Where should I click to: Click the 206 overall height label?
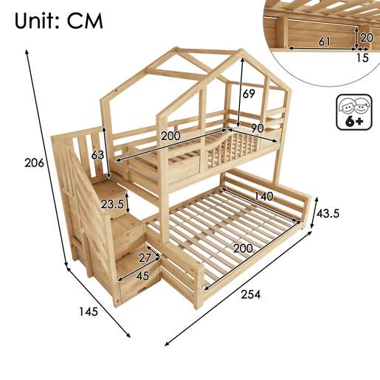pyautogui.click(x=35, y=163)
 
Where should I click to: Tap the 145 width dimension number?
pyautogui.click(x=89, y=312)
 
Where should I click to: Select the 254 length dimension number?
pyautogui.click(x=251, y=294)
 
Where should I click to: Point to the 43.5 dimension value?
pyautogui.click(x=328, y=213)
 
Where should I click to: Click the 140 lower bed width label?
pyautogui.click(x=263, y=196)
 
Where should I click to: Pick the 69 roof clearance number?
pyautogui.click(x=249, y=94)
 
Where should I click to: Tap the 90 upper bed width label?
pyautogui.click(x=258, y=128)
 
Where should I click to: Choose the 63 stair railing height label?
pyautogui.click(x=97, y=155)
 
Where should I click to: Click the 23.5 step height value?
pyautogui.click(x=112, y=204)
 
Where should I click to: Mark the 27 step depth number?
pyautogui.click(x=145, y=258)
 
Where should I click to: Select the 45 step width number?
pyautogui.click(x=142, y=276)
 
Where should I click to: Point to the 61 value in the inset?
pyautogui.click(x=325, y=42)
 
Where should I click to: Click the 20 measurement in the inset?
pyautogui.click(x=367, y=38)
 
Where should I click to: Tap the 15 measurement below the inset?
pyautogui.click(x=362, y=58)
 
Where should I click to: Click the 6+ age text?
pyautogui.click(x=354, y=121)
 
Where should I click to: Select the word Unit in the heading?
pyautogui.click(x=35, y=21)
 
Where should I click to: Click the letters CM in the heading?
pyautogui.click(x=85, y=21)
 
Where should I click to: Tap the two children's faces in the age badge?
pyautogui.click(x=354, y=106)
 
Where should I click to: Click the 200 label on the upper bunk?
pyautogui.click(x=170, y=136)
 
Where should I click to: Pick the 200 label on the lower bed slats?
pyautogui.click(x=243, y=249)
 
